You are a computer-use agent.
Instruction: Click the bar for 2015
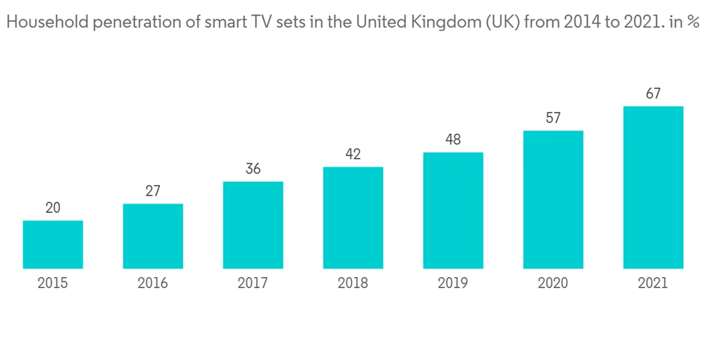pyautogui.click(x=53, y=244)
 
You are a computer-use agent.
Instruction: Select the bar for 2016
pyautogui.click(x=153, y=236)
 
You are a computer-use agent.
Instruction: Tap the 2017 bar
pyautogui.click(x=253, y=225)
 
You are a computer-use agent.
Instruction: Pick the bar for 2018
pyautogui.click(x=353, y=218)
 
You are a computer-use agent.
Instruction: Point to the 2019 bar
pyautogui.click(x=453, y=211)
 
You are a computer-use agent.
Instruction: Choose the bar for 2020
pyautogui.click(x=553, y=200)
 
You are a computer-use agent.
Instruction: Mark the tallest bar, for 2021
pyautogui.click(x=653, y=188)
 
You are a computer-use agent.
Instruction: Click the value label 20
pyautogui.click(x=53, y=208)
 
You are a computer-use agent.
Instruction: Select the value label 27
pyautogui.click(x=153, y=191)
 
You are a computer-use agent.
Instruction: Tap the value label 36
pyautogui.click(x=253, y=169)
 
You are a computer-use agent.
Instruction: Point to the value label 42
pyautogui.click(x=353, y=154)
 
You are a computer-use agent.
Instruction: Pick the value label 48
pyautogui.click(x=453, y=140)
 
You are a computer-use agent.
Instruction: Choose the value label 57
pyautogui.click(x=553, y=118)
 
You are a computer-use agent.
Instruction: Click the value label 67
pyautogui.click(x=653, y=94)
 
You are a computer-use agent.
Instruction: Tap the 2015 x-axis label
pyautogui.click(x=53, y=284)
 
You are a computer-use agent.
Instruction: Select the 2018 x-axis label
pyautogui.click(x=353, y=284)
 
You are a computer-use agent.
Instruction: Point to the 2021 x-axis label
pyautogui.click(x=653, y=284)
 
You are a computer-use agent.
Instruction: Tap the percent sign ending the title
pyautogui.click(x=692, y=23)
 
